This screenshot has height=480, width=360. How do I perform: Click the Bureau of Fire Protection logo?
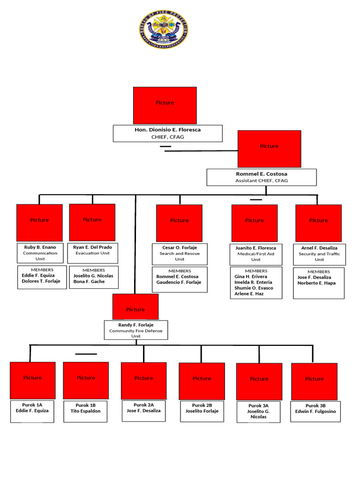tap(164, 30)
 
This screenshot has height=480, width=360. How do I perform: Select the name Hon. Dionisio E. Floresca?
tap(167, 129)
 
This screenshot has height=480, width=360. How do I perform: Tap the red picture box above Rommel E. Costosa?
tap(269, 149)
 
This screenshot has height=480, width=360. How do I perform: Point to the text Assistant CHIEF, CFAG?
tap(262, 180)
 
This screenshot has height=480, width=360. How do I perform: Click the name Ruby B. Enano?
tap(40, 247)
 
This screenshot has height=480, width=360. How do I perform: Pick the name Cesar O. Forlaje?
tap(180, 247)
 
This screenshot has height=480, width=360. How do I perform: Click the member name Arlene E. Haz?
tap(249, 294)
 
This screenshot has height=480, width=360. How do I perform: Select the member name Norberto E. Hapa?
tap(316, 283)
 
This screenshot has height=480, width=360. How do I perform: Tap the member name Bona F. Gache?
tap(89, 282)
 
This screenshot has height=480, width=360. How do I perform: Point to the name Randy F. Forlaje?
tap(135, 325)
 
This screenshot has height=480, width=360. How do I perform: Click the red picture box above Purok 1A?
tap(33, 380)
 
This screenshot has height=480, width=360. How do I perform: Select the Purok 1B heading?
tap(86, 405)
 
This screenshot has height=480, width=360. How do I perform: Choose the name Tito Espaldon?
tap(86, 411)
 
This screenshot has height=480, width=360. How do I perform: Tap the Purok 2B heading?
tap(202, 405)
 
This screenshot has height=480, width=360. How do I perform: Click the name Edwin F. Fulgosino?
tap(315, 412)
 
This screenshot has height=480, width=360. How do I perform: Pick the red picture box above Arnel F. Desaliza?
tap(318, 223)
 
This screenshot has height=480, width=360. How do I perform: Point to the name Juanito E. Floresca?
tap(256, 248)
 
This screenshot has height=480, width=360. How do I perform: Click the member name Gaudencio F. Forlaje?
tap(179, 283)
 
